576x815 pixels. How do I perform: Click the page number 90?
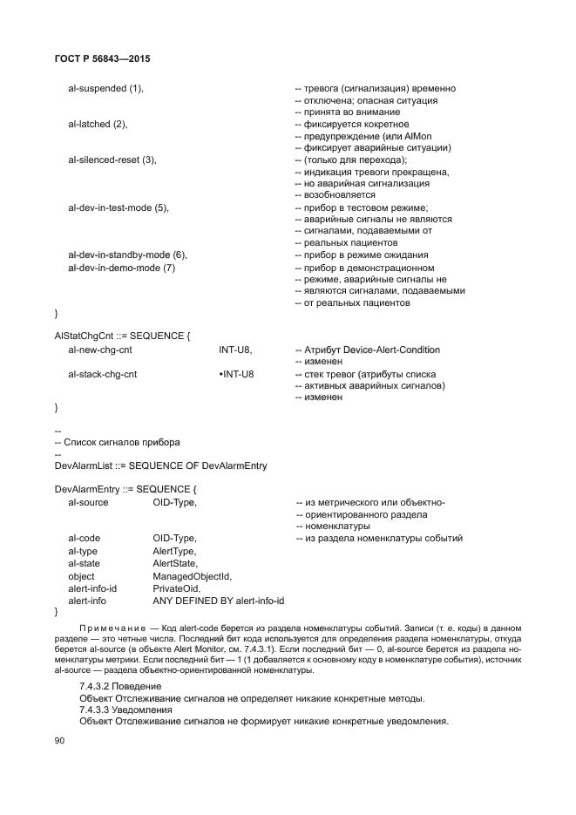pyautogui.click(x=60, y=740)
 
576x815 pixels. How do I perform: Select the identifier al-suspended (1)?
pyautogui.click(x=105, y=88)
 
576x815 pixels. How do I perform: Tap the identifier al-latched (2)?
pyautogui.click(x=98, y=124)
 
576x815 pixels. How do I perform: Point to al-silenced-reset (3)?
pyautogui.click(x=112, y=160)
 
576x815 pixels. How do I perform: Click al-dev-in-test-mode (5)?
pyautogui.click(x=118, y=207)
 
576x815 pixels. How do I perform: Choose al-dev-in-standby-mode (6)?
pyautogui.click(x=127, y=255)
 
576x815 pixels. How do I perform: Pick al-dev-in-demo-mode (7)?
pyautogui.click(x=121, y=268)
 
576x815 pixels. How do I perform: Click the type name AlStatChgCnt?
pyautogui.click(x=85, y=335)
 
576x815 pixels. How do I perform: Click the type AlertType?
pyautogui.click(x=174, y=551)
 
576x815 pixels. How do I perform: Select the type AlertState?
pyautogui.click(x=175, y=564)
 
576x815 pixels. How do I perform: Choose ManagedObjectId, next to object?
pyautogui.click(x=192, y=576)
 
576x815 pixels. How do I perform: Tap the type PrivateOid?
pyautogui.click(x=176, y=588)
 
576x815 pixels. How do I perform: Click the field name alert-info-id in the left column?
pyautogui.click(x=92, y=588)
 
